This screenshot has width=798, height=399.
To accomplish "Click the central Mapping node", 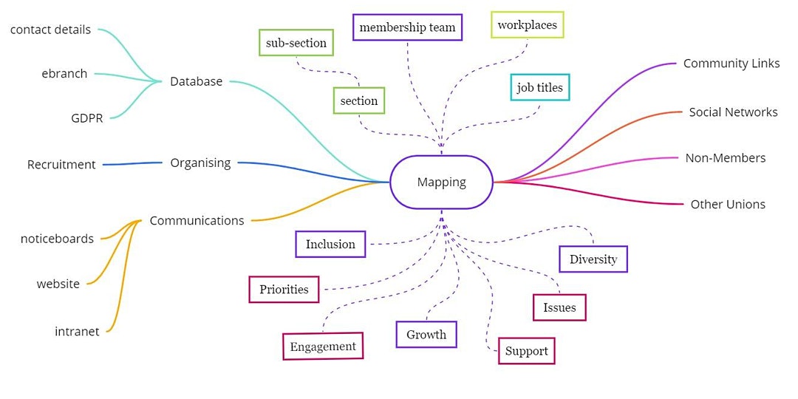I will click(441, 182).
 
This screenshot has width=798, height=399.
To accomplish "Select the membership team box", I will click(407, 27).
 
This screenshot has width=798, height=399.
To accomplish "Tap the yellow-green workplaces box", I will click(527, 24).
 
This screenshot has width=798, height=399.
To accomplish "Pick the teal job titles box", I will click(539, 87).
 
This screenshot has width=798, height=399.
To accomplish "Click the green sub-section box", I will click(296, 43).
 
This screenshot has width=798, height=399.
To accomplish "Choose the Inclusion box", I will click(330, 244).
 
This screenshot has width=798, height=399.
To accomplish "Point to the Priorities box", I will click(284, 289).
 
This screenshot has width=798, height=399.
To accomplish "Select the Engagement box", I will click(323, 346).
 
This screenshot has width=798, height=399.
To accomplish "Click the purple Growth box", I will click(426, 334).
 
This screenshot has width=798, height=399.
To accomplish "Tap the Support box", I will click(526, 351).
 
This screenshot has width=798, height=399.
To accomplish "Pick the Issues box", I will click(559, 307).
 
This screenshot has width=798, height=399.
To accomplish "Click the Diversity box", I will click(593, 259).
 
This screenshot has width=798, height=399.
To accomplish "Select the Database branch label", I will click(196, 81).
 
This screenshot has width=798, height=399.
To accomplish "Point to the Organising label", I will click(200, 163).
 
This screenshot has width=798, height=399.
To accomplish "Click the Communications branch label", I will click(197, 220).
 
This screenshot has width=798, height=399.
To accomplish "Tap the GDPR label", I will click(87, 118).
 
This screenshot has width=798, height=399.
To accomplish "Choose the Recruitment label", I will click(61, 165).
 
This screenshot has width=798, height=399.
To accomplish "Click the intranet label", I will click(77, 332).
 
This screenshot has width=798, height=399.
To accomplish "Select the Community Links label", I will click(731, 64).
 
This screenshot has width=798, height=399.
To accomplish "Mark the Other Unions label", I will click(728, 204).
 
